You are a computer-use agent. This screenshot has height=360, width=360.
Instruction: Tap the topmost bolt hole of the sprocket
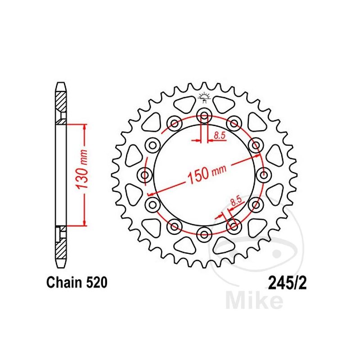(x=205, y=115)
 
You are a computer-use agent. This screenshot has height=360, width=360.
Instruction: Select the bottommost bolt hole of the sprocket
(x=205, y=234)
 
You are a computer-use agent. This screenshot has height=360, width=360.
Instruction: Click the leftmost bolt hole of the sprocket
(x=145, y=174)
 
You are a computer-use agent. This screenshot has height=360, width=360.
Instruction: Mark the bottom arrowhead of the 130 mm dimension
(x=84, y=222)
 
